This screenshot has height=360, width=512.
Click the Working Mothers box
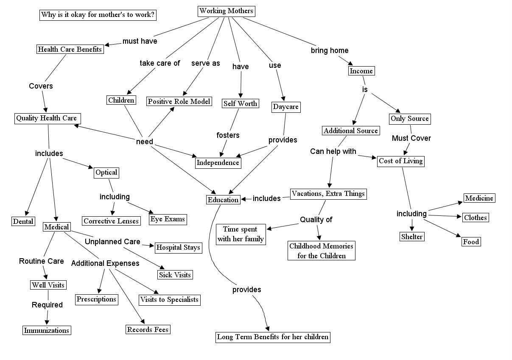pyautogui.click(x=227, y=11)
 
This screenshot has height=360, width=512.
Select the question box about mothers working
pyautogui.click(x=98, y=15)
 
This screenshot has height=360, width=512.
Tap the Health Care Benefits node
pyautogui.click(x=70, y=49)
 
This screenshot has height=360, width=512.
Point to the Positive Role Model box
pyautogui.click(x=179, y=101)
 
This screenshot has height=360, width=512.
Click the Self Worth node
pyautogui.click(x=240, y=103)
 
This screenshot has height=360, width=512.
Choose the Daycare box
pyautogui.click(x=285, y=107)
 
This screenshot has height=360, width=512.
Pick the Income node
pyautogui.click(x=361, y=71)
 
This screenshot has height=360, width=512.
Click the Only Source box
pyautogui.click(x=409, y=119)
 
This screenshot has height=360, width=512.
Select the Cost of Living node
pyautogui.click(x=400, y=161)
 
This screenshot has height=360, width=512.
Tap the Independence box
pyautogui.click(x=218, y=162)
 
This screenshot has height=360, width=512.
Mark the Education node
pyautogui.click(x=223, y=199)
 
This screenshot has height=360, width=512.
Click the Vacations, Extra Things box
pyautogui.click(x=328, y=194)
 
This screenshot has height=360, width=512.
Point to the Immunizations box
pyautogui.click(x=46, y=330)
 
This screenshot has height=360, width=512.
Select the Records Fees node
pyautogui.click(x=148, y=329)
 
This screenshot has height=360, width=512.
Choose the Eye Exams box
pyautogui.click(x=168, y=219)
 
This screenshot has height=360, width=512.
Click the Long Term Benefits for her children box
pyautogui.click(x=272, y=337)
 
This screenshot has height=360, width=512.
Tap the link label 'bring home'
pyautogui.click(x=330, y=50)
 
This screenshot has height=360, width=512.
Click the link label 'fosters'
pyautogui.click(x=228, y=135)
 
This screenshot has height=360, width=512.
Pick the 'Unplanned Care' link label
pyautogui.click(x=112, y=242)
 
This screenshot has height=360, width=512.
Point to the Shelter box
pyautogui.click(x=411, y=237)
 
